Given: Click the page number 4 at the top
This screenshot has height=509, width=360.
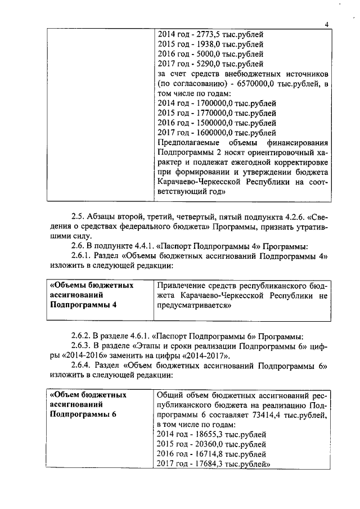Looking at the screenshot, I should click(326, 24).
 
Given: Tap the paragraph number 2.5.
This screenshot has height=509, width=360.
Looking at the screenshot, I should click(78, 217).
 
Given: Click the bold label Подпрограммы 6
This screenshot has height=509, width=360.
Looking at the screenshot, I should click(83, 415).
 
